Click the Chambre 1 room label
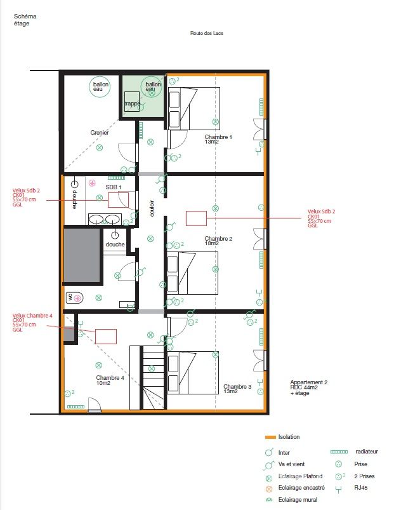click(218, 137)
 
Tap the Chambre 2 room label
click(218, 239)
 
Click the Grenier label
click(100, 133)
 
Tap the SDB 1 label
click(113, 187)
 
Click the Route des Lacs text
click(207, 34)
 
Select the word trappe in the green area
click(132, 104)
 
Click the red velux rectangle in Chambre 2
click(196, 218)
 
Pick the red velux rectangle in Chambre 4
click(106, 336)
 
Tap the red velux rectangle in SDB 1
click(118, 200)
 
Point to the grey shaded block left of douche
click(82, 255)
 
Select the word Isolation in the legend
click(289, 437)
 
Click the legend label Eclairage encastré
click(302, 488)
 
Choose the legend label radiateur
click(367, 452)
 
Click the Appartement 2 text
click(308, 382)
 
